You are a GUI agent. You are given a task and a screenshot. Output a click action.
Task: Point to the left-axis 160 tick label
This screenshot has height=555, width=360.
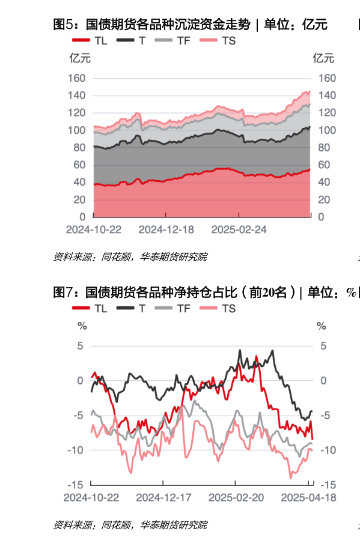(x=78, y=78)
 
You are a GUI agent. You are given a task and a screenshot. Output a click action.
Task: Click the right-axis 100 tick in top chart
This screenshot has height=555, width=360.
(x=327, y=130)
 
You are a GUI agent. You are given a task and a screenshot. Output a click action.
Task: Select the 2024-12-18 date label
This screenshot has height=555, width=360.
(x=166, y=230)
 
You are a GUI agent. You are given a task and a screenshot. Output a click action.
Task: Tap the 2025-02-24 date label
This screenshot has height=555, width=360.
(x=239, y=230)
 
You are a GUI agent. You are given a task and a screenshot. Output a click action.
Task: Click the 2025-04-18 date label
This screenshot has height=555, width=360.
(x=309, y=497)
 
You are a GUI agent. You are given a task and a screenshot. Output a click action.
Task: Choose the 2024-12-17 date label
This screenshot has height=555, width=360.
(x=163, y=497)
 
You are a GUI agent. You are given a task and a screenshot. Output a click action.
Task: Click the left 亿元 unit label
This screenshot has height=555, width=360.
(x=80, y=58)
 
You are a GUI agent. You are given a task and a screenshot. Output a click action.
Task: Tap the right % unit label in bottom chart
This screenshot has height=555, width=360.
(x=322, y=326)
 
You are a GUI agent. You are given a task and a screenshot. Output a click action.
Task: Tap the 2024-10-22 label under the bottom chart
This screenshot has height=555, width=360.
(x=92, y=497)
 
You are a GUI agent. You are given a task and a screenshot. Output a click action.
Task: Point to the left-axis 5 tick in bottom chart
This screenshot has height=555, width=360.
(x=81, y=346)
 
